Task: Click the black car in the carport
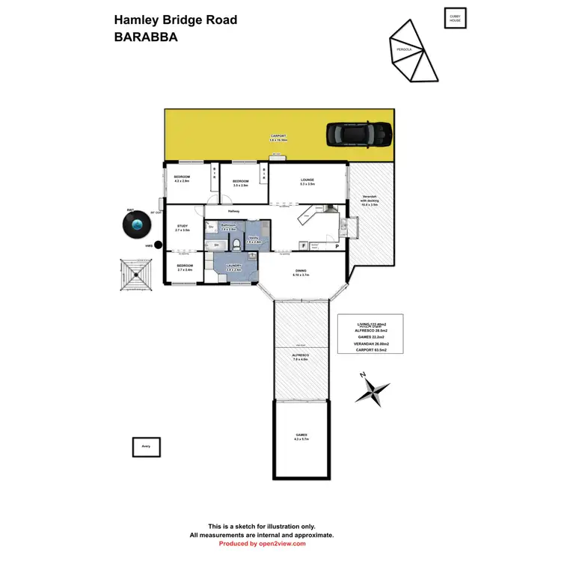359,134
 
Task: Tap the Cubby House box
454,18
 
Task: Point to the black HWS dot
157,245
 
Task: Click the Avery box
146,447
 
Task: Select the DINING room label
301,271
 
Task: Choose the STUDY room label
183,227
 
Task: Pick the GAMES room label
301,435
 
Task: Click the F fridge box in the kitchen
304,245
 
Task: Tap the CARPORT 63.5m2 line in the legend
371,349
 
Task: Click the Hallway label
232,212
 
